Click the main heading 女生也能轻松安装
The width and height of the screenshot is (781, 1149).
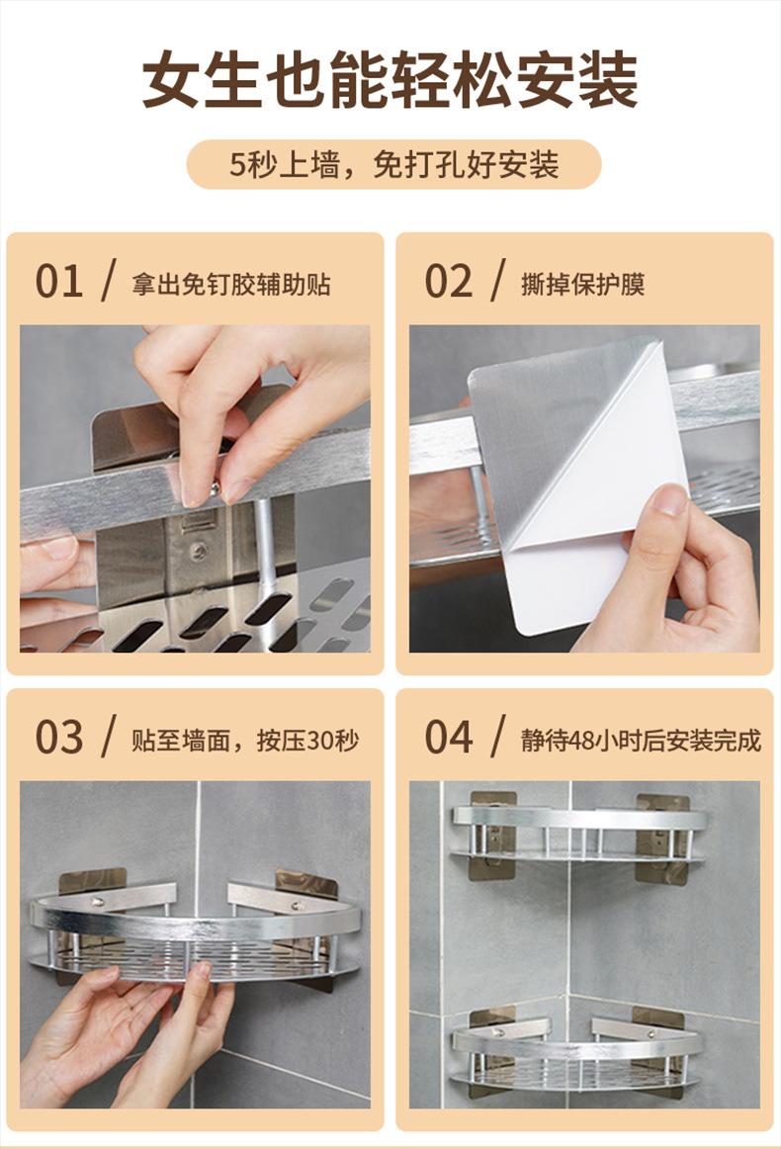pos(390,80)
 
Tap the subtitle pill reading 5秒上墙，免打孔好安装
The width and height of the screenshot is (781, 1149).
pos(394,164)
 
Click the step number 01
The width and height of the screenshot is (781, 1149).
pos(58,282)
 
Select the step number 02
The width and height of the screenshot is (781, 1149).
pos(449,282)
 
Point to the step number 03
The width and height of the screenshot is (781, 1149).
pos(58,738)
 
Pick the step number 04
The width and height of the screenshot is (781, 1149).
pos(449,738)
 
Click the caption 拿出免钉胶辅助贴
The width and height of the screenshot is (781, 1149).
pos(231,284)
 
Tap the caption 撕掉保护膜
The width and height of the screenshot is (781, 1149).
pos(583,284)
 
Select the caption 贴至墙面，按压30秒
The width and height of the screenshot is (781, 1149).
pos(245,740)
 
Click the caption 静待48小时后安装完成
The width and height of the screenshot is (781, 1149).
pos(641,740)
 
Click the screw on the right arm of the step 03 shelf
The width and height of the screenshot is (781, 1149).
pos(299,906)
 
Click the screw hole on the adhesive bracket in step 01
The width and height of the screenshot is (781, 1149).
pos(198,551)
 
